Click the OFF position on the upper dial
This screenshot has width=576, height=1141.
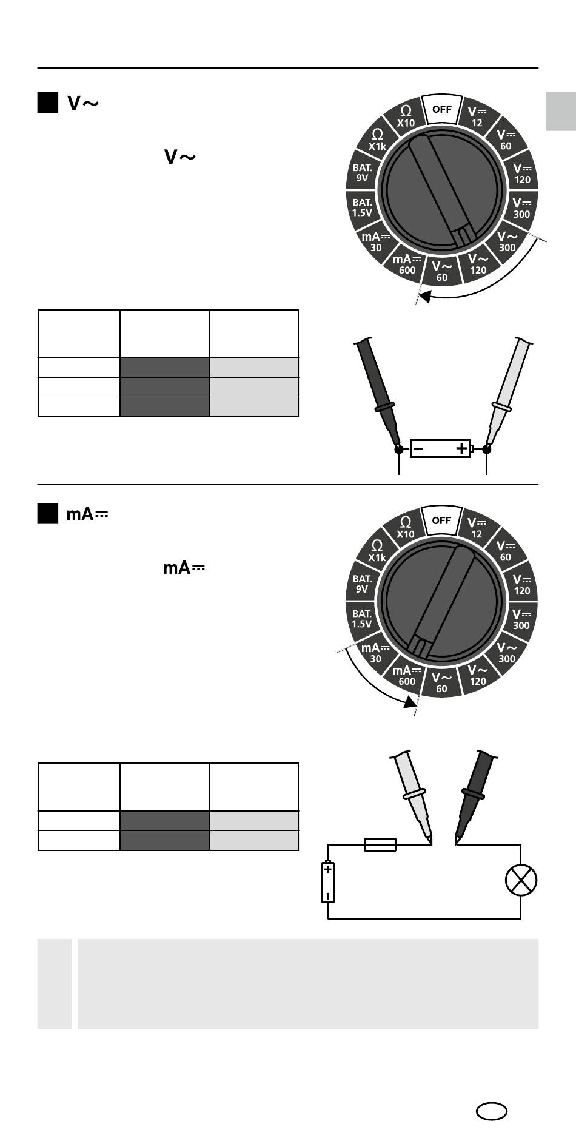coord(442,109)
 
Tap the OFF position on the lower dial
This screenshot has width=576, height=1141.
coord(442,520)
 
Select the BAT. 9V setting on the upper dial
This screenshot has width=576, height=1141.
coord(363,172)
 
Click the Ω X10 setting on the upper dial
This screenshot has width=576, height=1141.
coord(406,115)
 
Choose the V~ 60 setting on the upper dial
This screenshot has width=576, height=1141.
coord(442,271)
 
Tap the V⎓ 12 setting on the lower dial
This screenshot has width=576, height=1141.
coord(477,527)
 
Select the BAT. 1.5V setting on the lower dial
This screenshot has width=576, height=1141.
coord(363,618)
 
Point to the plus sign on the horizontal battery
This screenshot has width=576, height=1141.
coord(461,449)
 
